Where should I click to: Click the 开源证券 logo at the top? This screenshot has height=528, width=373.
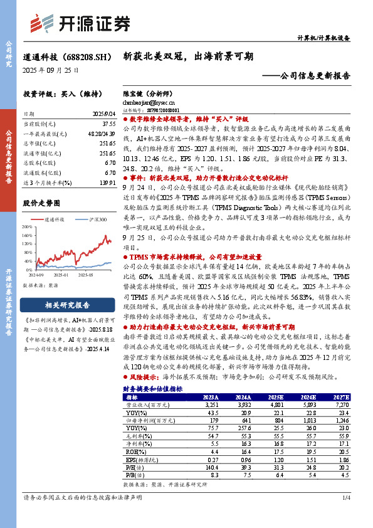point(82,23)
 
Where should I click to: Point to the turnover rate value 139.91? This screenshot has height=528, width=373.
point(105,182)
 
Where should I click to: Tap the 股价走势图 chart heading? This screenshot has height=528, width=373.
point(41,203)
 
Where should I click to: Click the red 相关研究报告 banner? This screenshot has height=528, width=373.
point(67,305)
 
